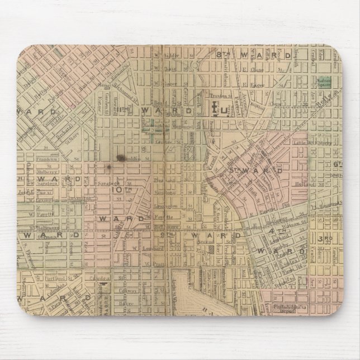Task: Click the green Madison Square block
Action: pos(323,82)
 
